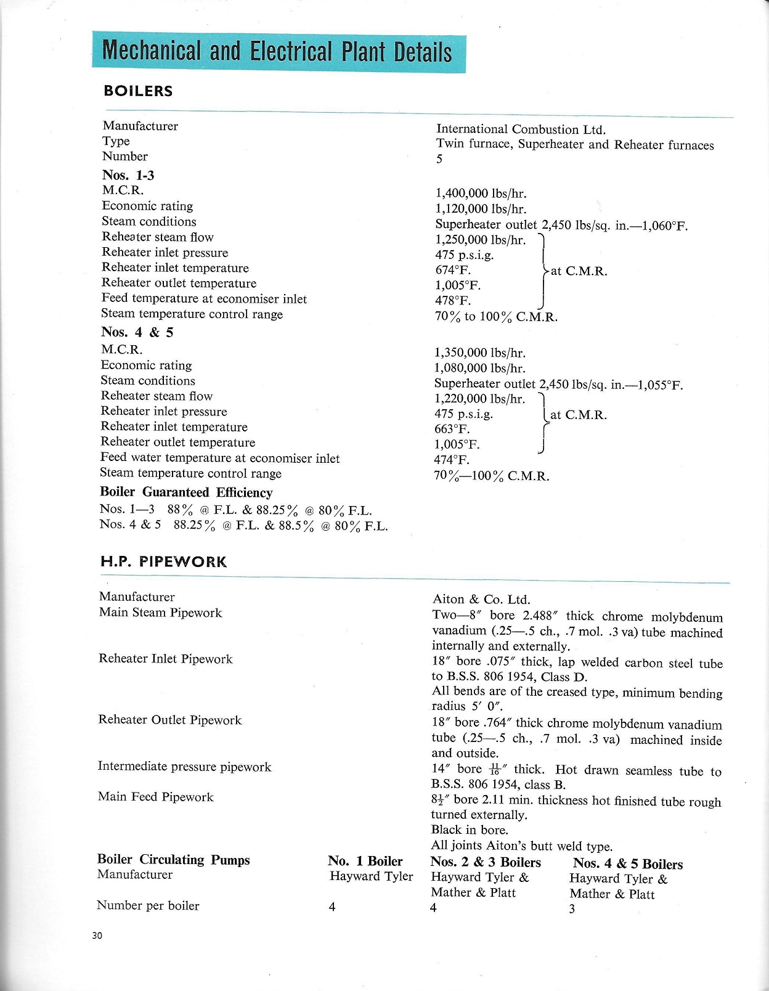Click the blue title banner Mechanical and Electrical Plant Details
point(278,52)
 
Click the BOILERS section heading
point(138,91)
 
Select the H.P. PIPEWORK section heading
point(163,561)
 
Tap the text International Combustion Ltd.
point(521,129)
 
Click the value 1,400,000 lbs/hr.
point(481,194)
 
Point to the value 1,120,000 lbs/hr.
point(481,209)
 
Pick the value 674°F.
point(453,270)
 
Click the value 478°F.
point(453,301)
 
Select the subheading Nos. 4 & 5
point(137,332)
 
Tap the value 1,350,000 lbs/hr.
point(479,353)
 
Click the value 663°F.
point(452,429)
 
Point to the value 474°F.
point(452,460)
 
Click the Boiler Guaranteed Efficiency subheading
point(186,492)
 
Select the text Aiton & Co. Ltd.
point(481,599)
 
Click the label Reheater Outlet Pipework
point(170,720)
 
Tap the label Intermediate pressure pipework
point(184,767)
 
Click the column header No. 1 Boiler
point(365,861)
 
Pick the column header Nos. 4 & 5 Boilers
point(627,864)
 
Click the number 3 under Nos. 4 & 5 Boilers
point(572,909)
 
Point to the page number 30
point(97,936)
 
